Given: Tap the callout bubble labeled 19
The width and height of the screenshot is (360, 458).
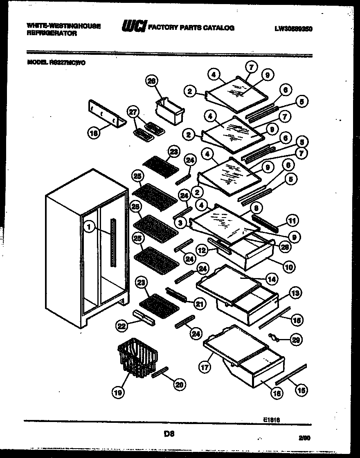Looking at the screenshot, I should pyautogui.click(x=118, y=393).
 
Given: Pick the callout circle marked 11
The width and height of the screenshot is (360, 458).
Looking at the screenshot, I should pyautogui.click(x=292, y=221).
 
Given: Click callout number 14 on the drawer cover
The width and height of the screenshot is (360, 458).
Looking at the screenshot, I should pyautogui.click(x=271, y=280).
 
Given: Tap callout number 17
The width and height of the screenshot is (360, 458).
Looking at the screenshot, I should pyautogui.click(x=205, y=367).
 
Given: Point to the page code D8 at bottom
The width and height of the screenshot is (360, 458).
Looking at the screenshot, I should pyautogui.click(x=169, y=434).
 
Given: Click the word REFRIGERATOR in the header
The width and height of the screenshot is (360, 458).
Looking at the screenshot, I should pyautogui.click(x=52, y=34).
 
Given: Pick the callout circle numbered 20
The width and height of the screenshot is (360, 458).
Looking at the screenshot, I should pyautogui.click(x=179, y=384).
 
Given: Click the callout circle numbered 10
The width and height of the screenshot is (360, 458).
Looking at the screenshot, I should pyautogui.click(x=288, y=267).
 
